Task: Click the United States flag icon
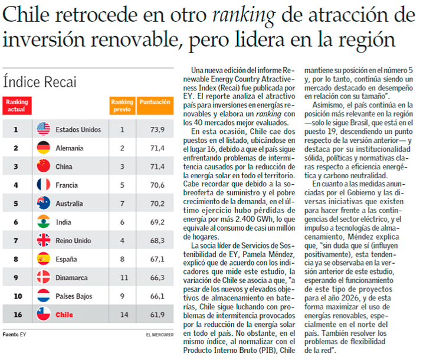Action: (x=44, y=129)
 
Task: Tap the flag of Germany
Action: (x=44, y=148)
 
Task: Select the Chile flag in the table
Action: (x=44, y=315)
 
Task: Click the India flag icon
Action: (x=44, y=222)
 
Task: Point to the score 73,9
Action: (x=156, y=129)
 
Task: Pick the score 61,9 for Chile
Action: (x=156, y=315)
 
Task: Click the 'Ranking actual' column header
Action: (x=17, y=106)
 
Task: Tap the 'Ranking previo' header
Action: (x=122, y=106)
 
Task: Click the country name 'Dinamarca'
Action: (x=73, y=278)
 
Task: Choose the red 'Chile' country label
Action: (x=64, y=315)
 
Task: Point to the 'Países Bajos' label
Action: (x=74, y=296)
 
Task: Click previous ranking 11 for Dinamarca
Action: (x=122, y=277)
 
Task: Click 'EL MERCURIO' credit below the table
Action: (x=160, y=335)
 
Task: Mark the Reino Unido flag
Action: (x=44, y=240)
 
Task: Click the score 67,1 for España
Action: (x=156, y=259)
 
